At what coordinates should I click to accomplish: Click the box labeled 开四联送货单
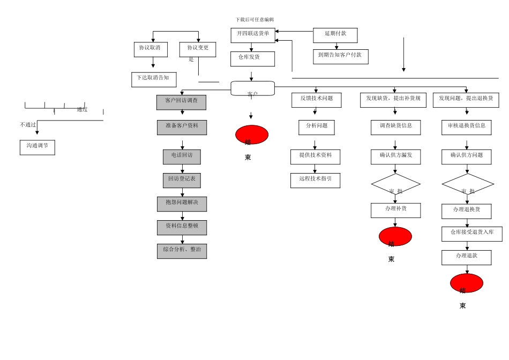253,35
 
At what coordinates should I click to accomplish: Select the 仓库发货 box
252,59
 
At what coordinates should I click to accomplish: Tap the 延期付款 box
335,35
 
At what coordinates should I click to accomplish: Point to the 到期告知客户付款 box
340,57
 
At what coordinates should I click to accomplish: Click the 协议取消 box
151,50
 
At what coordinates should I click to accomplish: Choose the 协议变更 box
198,50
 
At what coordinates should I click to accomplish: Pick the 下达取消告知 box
154,80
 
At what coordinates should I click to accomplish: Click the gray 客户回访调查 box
181,102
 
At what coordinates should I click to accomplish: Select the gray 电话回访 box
182,157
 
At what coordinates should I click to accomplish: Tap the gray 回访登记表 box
182,181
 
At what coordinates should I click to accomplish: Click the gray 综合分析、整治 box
182,251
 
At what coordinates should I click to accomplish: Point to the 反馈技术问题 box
316,100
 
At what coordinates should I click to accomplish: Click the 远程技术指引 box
315,181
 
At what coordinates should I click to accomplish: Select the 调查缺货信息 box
395,127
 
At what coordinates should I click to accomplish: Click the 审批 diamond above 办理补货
395,184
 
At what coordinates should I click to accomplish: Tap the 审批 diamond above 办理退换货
468,184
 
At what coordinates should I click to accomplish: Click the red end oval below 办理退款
466,283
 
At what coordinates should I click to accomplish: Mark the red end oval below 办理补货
395,236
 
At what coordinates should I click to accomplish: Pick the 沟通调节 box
38,147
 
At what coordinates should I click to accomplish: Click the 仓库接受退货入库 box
471,234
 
